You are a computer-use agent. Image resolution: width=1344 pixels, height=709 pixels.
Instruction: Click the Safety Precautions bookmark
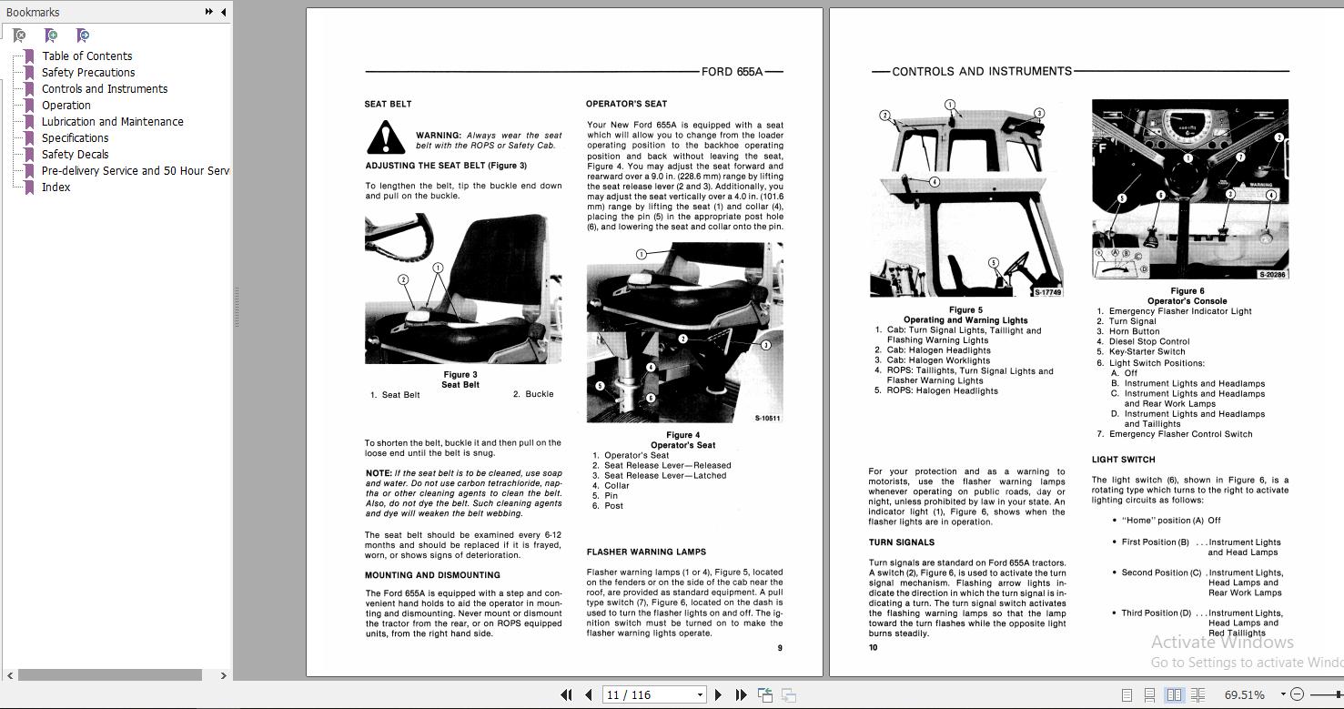pyautogui.click(x=87, y=73)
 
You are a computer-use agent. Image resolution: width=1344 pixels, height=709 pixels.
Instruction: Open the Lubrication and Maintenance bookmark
pyautogui.click(x=112, y=122)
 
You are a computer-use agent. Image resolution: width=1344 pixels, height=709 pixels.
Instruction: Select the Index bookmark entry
pyautogui.click(x=56, y=187)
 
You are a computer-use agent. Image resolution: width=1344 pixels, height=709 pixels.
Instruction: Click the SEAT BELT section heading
pyautogui.click(x=389, y=105)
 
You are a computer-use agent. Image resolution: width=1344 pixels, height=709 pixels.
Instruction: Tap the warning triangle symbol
pyautogui.click(x=386, y=138)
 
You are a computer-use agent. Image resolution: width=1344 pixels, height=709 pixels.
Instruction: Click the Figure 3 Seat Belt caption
pyautogui.click(x=460, y=380)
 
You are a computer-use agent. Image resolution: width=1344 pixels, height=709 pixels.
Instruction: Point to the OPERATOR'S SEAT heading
pyautogui.click(x=626, y=104)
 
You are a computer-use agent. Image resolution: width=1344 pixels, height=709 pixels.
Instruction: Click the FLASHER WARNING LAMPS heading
pyautogui.click(x=646, y=552)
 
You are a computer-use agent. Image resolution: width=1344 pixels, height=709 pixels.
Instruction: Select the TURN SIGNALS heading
pyautogui.click(x=901, y=542)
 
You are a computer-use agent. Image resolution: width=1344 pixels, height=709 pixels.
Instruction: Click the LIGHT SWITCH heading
pyautogui.click(x=1123, y=460)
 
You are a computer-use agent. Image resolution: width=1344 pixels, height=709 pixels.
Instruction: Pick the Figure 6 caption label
pyautogui.click(x=1187, y=291)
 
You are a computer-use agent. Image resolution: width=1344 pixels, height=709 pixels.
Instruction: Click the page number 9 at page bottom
pyautogui.click(x=780, y=648)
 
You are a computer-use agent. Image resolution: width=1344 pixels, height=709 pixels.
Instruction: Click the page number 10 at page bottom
pyautogui.click(x=873, y=648)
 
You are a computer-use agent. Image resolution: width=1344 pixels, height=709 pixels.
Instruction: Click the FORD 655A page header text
pyautogui.click(x=732, y=72)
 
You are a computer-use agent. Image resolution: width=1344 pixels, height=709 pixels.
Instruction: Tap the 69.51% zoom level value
pyautogui.click(x=1244, y=694)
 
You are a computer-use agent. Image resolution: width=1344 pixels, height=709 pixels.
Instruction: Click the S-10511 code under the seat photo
pyautogui.click(x=767, y=419)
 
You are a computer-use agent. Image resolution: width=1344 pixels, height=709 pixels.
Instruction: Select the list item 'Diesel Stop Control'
pyautogui.click(x=1148, y=342)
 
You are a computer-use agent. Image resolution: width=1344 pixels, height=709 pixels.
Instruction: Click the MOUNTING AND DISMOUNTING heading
pyautogui.click(x=432, y=575)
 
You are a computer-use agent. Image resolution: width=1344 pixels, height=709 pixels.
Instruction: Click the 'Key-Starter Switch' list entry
pyautogui.click(x=1147, y=352)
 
